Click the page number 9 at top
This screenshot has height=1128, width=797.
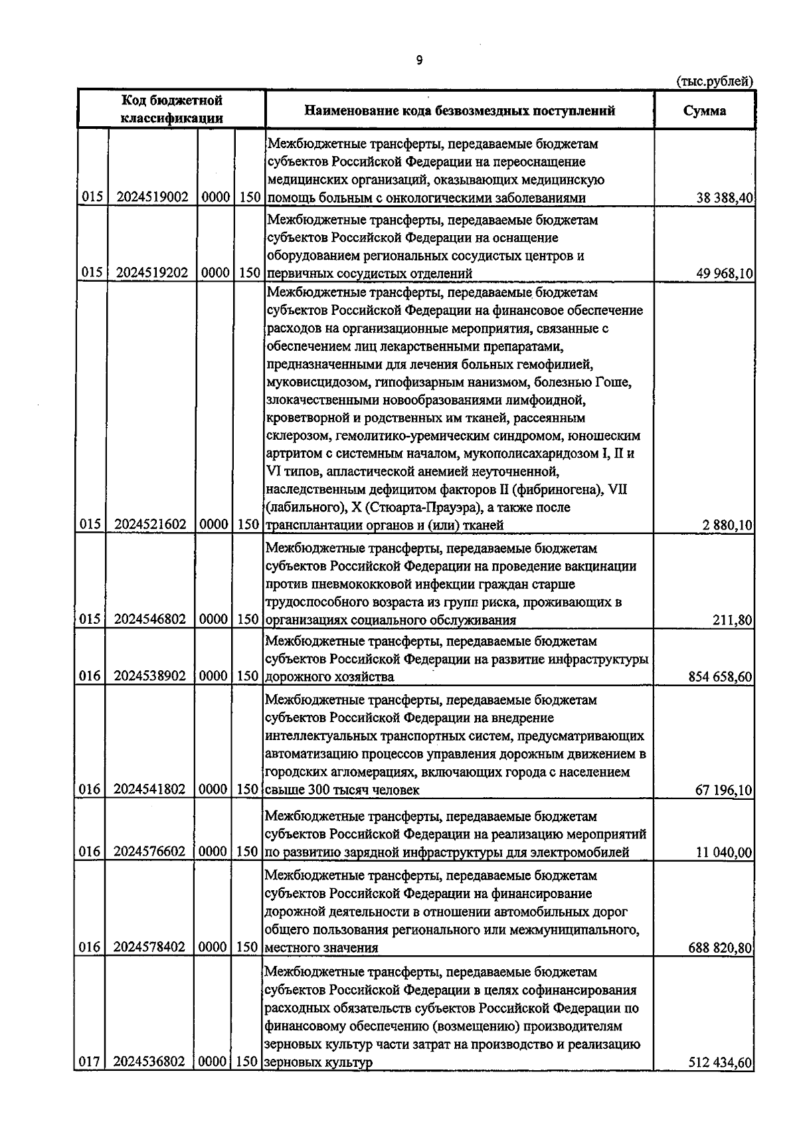point(419,60)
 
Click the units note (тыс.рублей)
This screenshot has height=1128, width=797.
point(715,82)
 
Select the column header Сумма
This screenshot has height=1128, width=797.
point(705,111)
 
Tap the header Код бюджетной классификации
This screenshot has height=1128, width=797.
point(171,110)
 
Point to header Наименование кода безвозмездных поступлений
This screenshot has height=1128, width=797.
point(460,111)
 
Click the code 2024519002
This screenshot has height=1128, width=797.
point(151,197)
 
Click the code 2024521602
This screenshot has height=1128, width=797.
point(151,525)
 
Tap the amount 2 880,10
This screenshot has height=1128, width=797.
point(728,525)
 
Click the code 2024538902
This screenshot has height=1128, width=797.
point(151,676)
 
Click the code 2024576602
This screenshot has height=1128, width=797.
point(151,852)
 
